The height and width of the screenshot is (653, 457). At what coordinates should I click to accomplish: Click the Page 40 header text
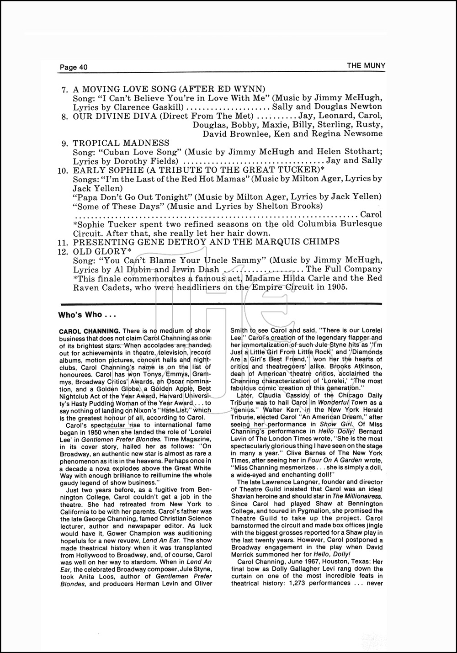[x=73, y=67]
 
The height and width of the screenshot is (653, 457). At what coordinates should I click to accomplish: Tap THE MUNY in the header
[x=366, y=65]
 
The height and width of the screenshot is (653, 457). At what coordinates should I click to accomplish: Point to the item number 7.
[x=65, y=90]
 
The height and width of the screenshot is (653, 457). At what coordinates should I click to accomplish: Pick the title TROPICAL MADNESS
[x=121, y=143]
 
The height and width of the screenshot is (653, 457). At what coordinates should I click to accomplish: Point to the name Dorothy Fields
[x=141, y=161]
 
